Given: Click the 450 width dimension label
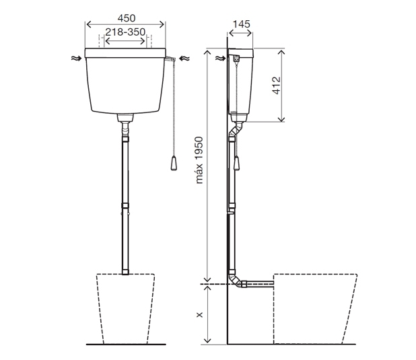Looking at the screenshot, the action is (x=127, y=18).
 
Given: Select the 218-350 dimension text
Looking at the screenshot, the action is (x=125, y=32).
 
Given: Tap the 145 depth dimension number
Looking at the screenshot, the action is (x=241, y=24).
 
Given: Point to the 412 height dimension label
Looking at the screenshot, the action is (x=276, y=85).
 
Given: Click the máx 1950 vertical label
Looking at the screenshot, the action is (x=199, y=160).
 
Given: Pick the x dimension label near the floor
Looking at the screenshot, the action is (x=199, y=315).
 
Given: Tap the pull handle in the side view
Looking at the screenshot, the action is (x=236, y=163).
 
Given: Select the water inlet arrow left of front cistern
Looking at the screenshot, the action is (x=77, y=59).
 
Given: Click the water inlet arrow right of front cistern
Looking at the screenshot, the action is (x=184, y=59).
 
